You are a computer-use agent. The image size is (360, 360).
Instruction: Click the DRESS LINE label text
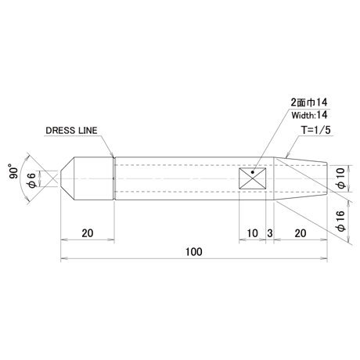(x=71, y=131)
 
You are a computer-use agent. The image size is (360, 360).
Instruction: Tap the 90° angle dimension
(x=14, y=171)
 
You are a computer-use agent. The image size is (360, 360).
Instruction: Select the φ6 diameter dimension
(x=31, y=180)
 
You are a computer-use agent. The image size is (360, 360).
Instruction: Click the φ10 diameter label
(x=341, y=178)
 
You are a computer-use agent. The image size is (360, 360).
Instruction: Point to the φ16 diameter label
(x=341, y=221)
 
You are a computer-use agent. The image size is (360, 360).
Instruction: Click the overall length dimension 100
(x=193, y=252)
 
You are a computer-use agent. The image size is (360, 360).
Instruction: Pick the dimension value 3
(x=270, y=233)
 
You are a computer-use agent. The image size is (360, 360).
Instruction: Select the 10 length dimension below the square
(x=252, y=233)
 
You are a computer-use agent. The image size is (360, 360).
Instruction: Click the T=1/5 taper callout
(x=316, y=130)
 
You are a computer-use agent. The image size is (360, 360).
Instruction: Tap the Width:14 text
(x=309, y=115)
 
